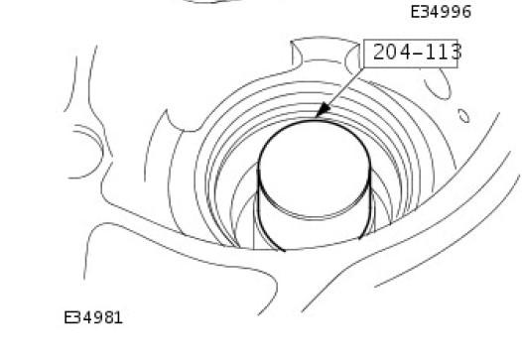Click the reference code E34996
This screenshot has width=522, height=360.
(x=441, y=12)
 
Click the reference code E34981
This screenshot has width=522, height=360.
(x=93, y=317)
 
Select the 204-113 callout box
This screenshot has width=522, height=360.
(x=411, y=54)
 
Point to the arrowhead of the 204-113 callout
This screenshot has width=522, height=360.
(x=322, y=110)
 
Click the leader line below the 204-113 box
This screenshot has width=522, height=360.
(x=339, y=92)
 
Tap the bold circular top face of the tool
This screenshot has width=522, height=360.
(x=315, y=120)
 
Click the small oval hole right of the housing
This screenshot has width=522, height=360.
(x=463, y=116)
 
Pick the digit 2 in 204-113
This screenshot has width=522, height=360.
(x=379, y=53)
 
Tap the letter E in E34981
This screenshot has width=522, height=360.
(x=68, y=317)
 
